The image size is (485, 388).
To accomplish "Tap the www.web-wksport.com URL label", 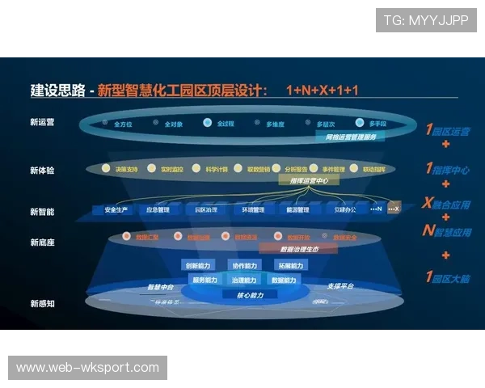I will click(87, 368).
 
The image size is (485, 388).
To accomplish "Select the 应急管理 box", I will click(158, 210).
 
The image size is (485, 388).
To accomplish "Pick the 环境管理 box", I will click(253, 210).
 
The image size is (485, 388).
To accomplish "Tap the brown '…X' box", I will click(393, 209).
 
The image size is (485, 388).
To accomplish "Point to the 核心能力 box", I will click(250, 294).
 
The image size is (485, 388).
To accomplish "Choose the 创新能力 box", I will click(198, 266).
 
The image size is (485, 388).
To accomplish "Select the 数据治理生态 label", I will click(303, 250).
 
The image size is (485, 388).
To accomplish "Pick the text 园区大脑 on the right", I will click(453, 277).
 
